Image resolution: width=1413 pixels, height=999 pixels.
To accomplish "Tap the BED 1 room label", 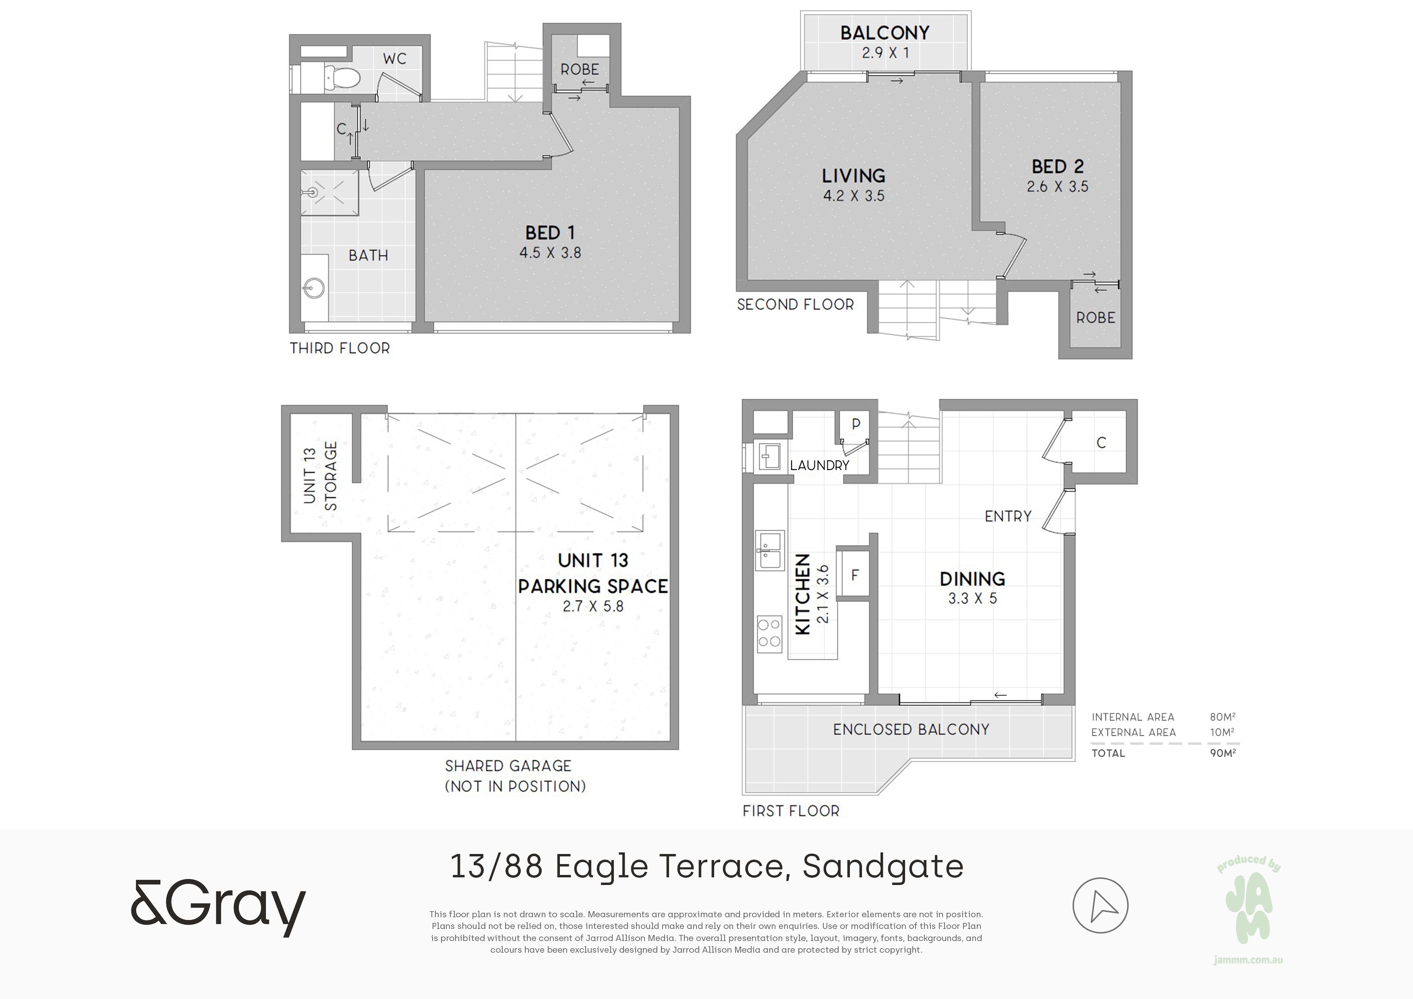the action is tap(550, 233).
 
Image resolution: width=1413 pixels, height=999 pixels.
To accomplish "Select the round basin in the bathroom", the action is tap(315, 288).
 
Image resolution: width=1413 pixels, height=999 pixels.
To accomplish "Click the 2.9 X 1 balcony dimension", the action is tap(885, 53).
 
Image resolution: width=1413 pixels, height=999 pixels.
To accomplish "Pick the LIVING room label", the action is tap(854, 176).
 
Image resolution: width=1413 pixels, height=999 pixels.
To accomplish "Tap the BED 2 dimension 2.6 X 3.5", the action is tap(1057, 187).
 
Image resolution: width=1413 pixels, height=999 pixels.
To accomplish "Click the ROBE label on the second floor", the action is tap(1096, 317).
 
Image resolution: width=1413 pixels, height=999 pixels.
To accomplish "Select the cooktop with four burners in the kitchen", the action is tap(769, 633).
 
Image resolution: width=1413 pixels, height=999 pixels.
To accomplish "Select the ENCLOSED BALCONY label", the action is tap(911, 730).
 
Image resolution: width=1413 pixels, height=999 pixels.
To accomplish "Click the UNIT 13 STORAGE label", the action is tap(320, 476).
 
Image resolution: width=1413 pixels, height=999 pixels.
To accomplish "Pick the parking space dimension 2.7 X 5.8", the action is tap(593, 606).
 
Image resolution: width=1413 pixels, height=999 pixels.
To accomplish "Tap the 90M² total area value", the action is tap(1222, 752).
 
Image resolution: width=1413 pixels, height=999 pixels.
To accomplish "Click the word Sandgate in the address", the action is tap(883, 866).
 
